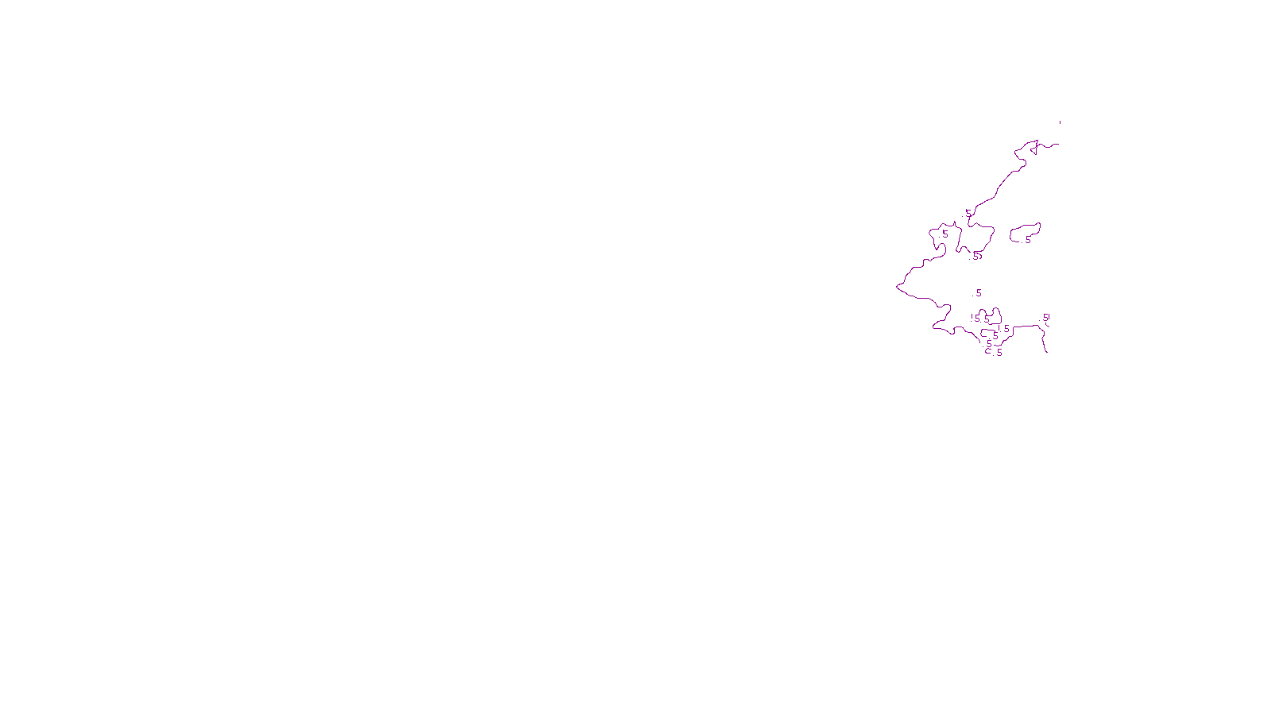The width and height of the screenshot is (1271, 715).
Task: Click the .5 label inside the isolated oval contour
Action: point(1027,239)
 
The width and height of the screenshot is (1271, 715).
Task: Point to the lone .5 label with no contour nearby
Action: point(978,293)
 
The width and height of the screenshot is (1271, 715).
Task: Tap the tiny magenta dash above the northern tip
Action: point(1060,122)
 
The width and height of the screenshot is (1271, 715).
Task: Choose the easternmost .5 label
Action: point(1045,317)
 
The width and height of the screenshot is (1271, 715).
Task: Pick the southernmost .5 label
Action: point(999,353)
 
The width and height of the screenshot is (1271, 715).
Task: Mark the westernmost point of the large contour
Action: point(897,286)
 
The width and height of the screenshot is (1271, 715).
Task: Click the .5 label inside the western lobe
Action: point(945,234)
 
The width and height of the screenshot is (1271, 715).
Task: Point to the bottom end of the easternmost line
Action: point(1047,351)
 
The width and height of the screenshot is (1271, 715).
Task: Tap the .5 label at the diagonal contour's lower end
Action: point(968,213)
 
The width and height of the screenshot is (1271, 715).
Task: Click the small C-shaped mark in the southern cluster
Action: point(988,350)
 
